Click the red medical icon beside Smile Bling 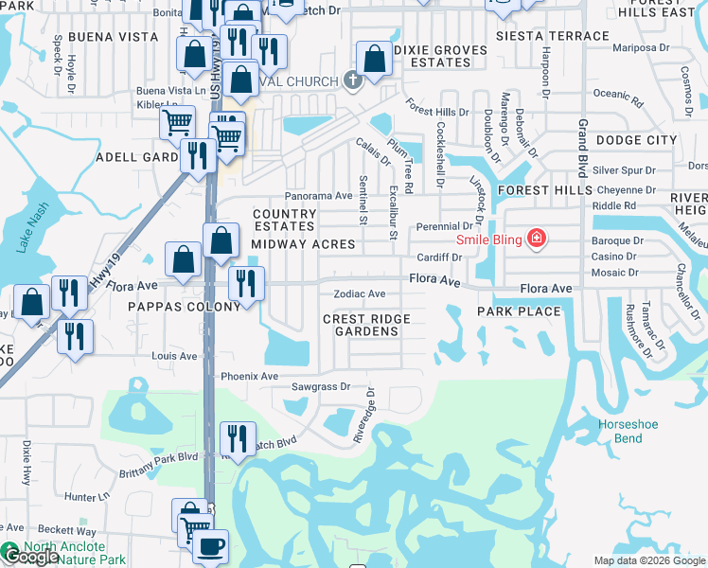pos(537,239)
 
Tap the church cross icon pos(353,80)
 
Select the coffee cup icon pos(210,546)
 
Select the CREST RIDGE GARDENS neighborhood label pos(366,326)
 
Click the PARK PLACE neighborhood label pos(518,311)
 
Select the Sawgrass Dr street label pos(320,387)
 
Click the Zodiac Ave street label pos(359,294)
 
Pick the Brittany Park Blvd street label pos(157,464)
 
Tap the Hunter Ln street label pos(88,497)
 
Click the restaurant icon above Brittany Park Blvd pos(237,437)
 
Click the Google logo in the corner pos(30,558)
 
